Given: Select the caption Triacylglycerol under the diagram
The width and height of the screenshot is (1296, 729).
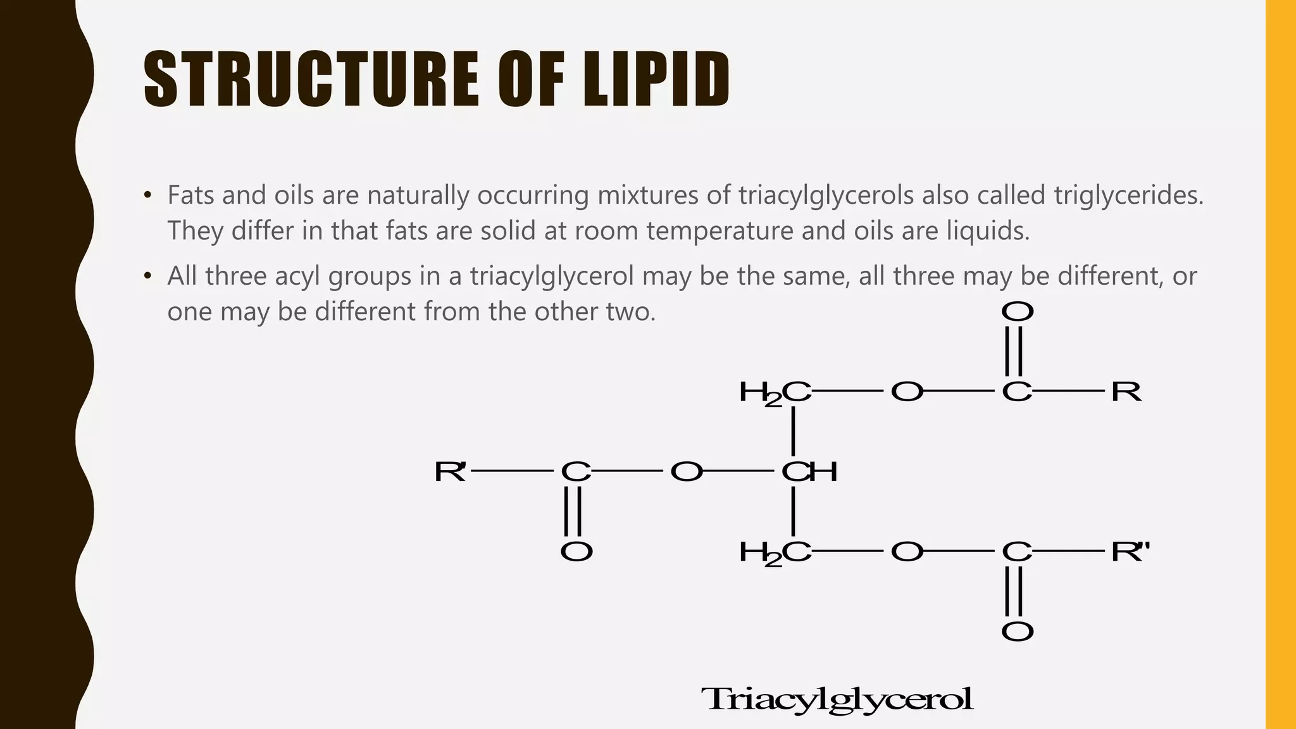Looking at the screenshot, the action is point(837,700).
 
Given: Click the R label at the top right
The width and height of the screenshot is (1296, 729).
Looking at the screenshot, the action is point(1126,392).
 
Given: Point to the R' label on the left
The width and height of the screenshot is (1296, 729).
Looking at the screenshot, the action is point(450,471).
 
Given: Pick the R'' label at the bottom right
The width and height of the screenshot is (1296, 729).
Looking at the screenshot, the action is point(1130,552).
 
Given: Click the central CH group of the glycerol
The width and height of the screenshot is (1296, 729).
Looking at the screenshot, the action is point(809,471).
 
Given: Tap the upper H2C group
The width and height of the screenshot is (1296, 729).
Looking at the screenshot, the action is point(775,392).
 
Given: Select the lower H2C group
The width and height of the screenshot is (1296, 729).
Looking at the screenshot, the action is point(775,552).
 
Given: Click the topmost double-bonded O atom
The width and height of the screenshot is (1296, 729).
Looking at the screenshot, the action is point(1017,311).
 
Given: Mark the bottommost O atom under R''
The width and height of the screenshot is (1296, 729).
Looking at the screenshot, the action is point(1017,632).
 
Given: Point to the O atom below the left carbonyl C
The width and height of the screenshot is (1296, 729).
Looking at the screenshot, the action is point(576,552).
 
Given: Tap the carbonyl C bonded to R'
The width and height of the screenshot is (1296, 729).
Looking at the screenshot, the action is point(576,471).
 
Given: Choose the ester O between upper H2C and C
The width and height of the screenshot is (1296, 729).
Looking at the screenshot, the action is point(907,392).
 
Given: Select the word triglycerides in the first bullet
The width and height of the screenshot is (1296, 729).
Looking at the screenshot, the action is point(1128,195).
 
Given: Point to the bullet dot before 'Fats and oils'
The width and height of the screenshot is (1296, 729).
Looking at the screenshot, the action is point(148,196).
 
